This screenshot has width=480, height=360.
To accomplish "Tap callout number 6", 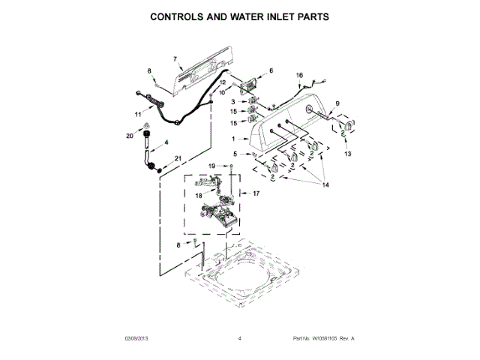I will (271, 70).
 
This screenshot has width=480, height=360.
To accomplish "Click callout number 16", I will (299, 76).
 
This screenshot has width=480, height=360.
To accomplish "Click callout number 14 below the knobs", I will (325, 184).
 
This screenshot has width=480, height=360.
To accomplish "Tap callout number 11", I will (137, 115).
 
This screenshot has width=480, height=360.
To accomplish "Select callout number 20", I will (129, 136).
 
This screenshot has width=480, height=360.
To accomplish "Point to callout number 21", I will (178, 157).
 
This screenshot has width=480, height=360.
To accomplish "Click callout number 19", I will (211, 165).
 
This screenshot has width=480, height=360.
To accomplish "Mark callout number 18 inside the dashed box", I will (199, 194).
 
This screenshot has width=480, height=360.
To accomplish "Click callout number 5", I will (235, 154).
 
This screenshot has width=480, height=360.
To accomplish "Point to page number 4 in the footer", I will (239, 339).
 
